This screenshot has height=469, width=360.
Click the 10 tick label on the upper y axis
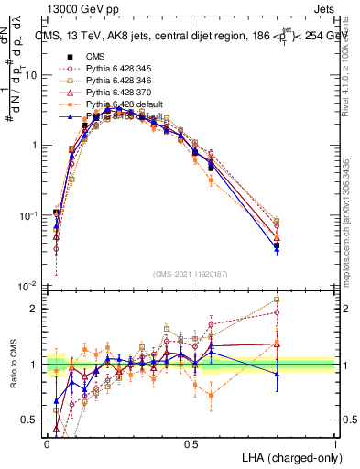click(30, 75)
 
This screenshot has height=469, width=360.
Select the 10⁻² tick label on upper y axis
click(28, 285)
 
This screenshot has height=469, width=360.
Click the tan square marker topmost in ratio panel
click(277, 300)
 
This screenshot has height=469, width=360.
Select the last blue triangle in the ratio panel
click(277, 374)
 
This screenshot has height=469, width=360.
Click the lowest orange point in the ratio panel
click(212, 396)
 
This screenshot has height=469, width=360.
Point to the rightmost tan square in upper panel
click(277, 221)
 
